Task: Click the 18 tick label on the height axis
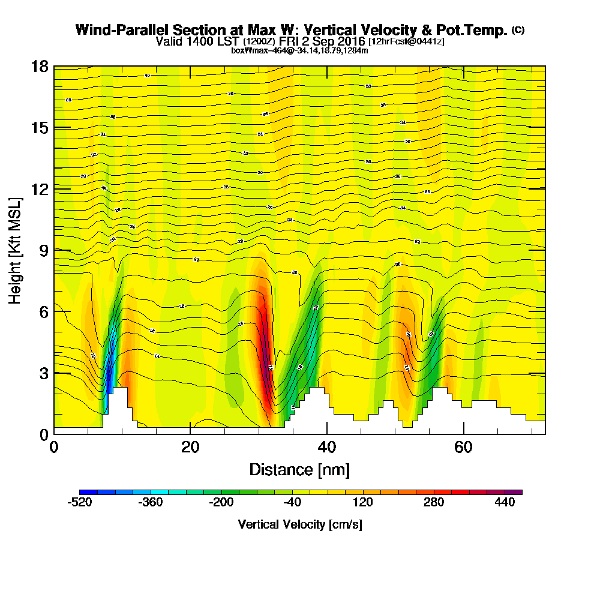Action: (40, 66)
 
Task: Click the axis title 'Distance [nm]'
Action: (299, 469)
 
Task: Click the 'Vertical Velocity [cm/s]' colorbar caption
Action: (299, 524)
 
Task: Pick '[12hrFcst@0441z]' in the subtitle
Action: (406, 41)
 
